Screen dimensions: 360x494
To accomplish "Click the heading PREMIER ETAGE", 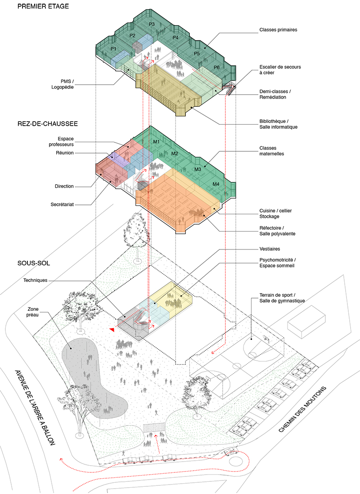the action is coord(43,7).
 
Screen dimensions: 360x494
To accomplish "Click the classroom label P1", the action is coord(113,49).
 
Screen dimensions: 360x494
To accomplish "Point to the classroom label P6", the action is coord(217,68).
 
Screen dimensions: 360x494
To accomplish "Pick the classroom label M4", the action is coord(215,184).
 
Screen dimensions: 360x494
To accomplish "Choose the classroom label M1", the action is coord(157,142).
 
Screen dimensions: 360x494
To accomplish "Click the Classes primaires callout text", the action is coord(278,30).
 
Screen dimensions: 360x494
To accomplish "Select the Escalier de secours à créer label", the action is coord(279,69).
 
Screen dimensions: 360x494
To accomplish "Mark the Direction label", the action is coord(64,186).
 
